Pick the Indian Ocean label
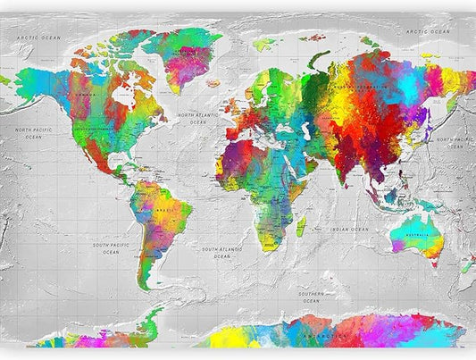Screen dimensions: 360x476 point(348,230)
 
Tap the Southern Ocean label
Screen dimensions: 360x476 point(310,296)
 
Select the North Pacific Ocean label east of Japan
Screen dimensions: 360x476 point(455,142)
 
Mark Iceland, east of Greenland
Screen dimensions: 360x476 point(214,82)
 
